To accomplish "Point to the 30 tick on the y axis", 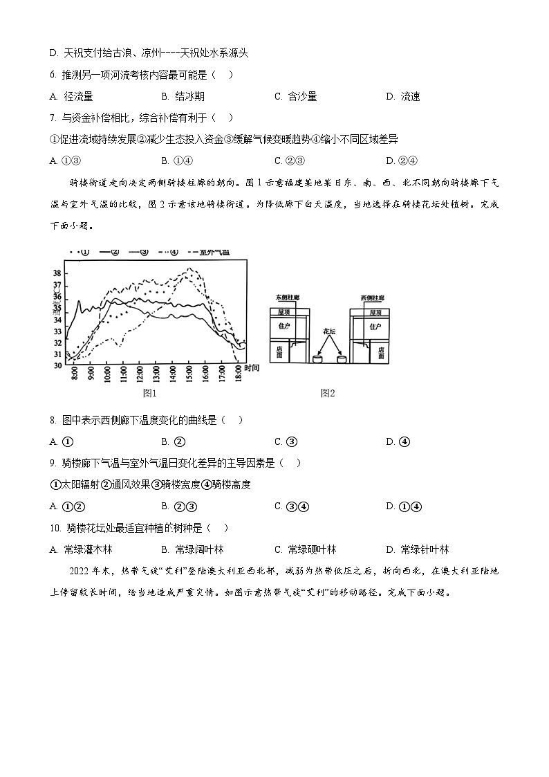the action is [x=57, y=365].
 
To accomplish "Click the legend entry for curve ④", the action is [x=171, y=252].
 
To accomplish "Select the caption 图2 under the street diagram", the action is [x=328, y=394].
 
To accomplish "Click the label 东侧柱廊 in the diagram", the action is [x=286, y=298].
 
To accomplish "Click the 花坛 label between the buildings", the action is [x=328, y=331].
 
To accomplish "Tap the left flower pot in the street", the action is [x=317, y=359].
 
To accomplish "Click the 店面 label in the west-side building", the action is [x=381, y=353].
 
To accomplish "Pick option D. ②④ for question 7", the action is [x=400, y=161].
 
